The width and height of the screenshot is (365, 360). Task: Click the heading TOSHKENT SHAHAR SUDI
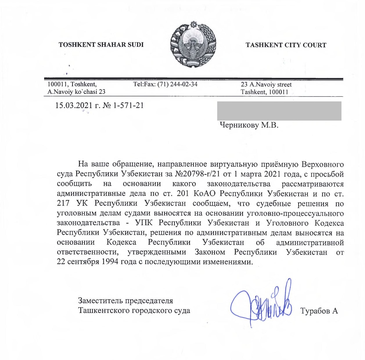click(101, 45)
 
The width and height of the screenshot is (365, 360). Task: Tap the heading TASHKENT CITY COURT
click(286, 45)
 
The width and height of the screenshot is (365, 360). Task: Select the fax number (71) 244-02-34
click(177, 84)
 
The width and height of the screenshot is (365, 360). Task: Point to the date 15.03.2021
click(74, 105)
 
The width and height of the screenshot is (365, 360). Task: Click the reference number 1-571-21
click(128, 105)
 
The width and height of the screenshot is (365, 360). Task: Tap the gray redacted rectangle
click(279, 111)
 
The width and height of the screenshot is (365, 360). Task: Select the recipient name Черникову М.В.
click(249, 125)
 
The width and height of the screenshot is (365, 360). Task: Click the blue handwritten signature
click(261, 305)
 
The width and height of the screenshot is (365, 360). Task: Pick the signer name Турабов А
click(319, 311)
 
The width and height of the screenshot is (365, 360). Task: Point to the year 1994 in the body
click(110, 262)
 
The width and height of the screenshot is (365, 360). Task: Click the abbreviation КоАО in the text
click(204, 194)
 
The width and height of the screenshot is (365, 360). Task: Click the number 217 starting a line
click(63, 203)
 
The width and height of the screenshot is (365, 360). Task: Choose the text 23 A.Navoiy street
click(266, 85)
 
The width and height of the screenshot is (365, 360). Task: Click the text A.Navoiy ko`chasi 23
click(76, 92)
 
